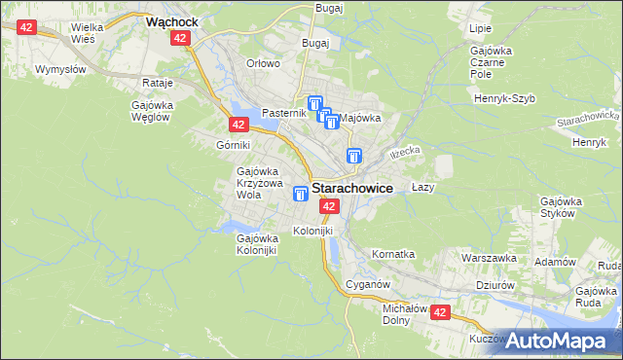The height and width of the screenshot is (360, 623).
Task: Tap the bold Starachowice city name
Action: click(x=352, y=190)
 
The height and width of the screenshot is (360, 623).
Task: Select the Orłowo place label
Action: click(x=263, y=63)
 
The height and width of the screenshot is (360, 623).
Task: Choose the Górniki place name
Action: click(x=234, y=145)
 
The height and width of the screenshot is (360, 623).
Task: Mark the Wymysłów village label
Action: click(x=60, y=69)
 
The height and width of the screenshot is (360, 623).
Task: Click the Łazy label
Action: click(x=422, y=187)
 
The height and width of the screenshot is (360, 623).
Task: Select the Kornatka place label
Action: click(x=393, y=254)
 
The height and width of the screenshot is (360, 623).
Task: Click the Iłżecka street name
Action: click(x=404, y=153)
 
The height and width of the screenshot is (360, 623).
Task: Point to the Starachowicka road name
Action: click(x=581, y=122)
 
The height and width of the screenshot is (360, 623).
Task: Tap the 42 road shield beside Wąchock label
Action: click(x=179, y=38)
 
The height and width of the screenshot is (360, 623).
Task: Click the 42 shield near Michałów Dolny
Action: click(x=440, y=312)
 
